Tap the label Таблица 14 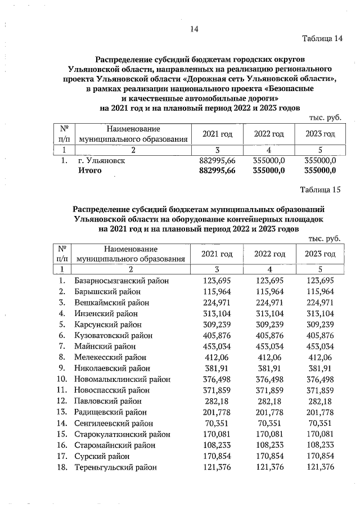tap(322, 38)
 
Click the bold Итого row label tap(89, 171)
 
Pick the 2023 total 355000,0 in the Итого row tap(320, 171)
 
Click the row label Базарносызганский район tap(121, 281)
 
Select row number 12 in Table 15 tap(62, 401)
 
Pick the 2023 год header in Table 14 tap(320, 134)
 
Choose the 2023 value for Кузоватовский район tap(320, 335)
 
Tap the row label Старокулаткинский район tap(122, 434)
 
